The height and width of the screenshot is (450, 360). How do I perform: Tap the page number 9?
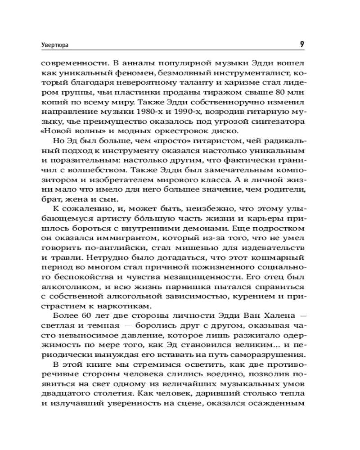pyautogui.click(x=302, y=44)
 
